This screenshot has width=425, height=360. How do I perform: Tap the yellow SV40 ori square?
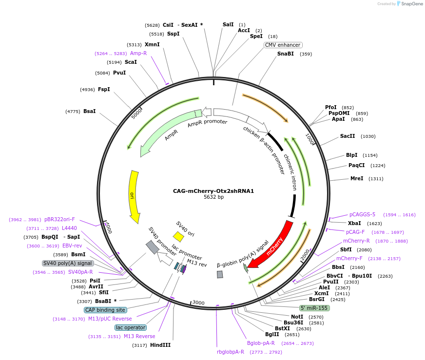[x=178, y=237]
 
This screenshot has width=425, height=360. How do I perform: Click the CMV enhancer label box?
[x=283, y=45]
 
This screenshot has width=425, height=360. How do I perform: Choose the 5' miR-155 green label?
[x=314, y=308]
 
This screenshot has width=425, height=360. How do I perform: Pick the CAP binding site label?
[x=105, y=310]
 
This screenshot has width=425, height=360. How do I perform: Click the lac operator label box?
[x=131, y=327]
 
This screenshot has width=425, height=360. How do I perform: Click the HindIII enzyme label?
[x=160, y=345]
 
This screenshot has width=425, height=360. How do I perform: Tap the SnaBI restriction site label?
[x=286, y=54]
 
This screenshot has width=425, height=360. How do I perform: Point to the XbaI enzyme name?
[x=354, y=223]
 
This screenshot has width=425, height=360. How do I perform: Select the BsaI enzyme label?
[x=90, y=112]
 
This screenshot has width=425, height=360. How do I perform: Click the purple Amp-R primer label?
[x=138, y=53]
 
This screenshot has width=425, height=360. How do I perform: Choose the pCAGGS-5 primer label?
[x=362, y=214]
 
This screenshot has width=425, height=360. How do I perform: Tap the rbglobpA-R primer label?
[x=231, y=352]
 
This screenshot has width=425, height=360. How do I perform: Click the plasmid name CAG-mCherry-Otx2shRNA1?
[x=213, y=191]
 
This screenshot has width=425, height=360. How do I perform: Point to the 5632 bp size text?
[x=213, y=197]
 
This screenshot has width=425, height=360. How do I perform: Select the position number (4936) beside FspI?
[x=87, y=90]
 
